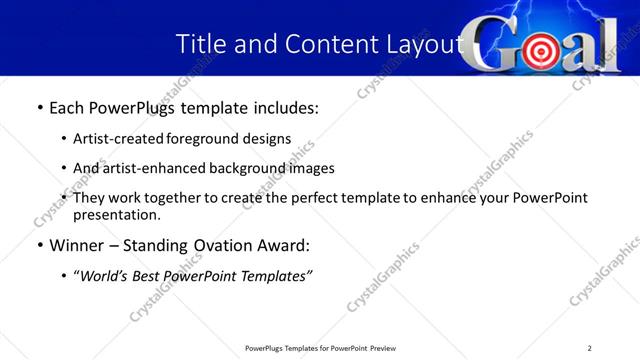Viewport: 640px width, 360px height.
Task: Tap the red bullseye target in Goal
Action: [541, 50]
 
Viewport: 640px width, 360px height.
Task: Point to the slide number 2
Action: [590, 348]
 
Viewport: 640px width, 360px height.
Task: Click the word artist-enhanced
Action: [150, 168]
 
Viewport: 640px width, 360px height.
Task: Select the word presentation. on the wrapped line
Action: [116, 215]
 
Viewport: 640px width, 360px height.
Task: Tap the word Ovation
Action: [214, 246]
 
